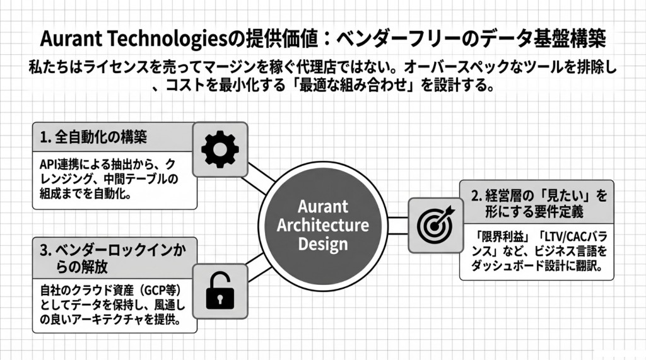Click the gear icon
[220, 149]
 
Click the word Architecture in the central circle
[323, 226]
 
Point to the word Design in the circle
[323, 244]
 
